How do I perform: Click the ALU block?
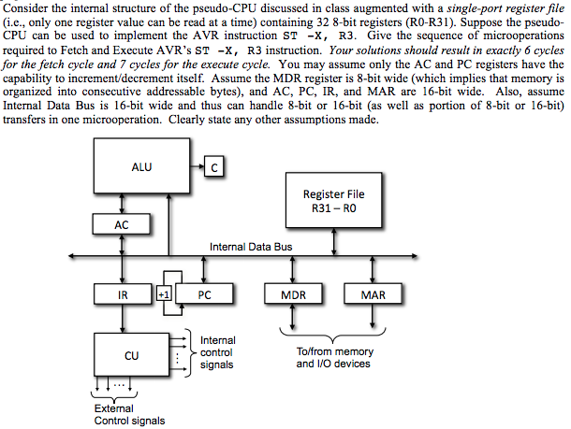[x=141, y=169]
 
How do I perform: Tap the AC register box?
[x=122, y=224]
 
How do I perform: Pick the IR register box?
[x=122, y=294]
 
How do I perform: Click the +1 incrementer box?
[x=166, y=293]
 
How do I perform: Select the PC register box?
[x=203, y=294]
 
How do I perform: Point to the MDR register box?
[x=293, y=294]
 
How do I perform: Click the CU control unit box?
[x=131, y=355]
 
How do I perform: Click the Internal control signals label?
[x=218, y=352]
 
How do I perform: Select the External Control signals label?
[x=129, y=414]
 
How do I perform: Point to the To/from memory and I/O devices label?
[x=334, y=357]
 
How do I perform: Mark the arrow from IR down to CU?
[x=122, y=318]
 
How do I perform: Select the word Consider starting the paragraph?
[x=26, y=7]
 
